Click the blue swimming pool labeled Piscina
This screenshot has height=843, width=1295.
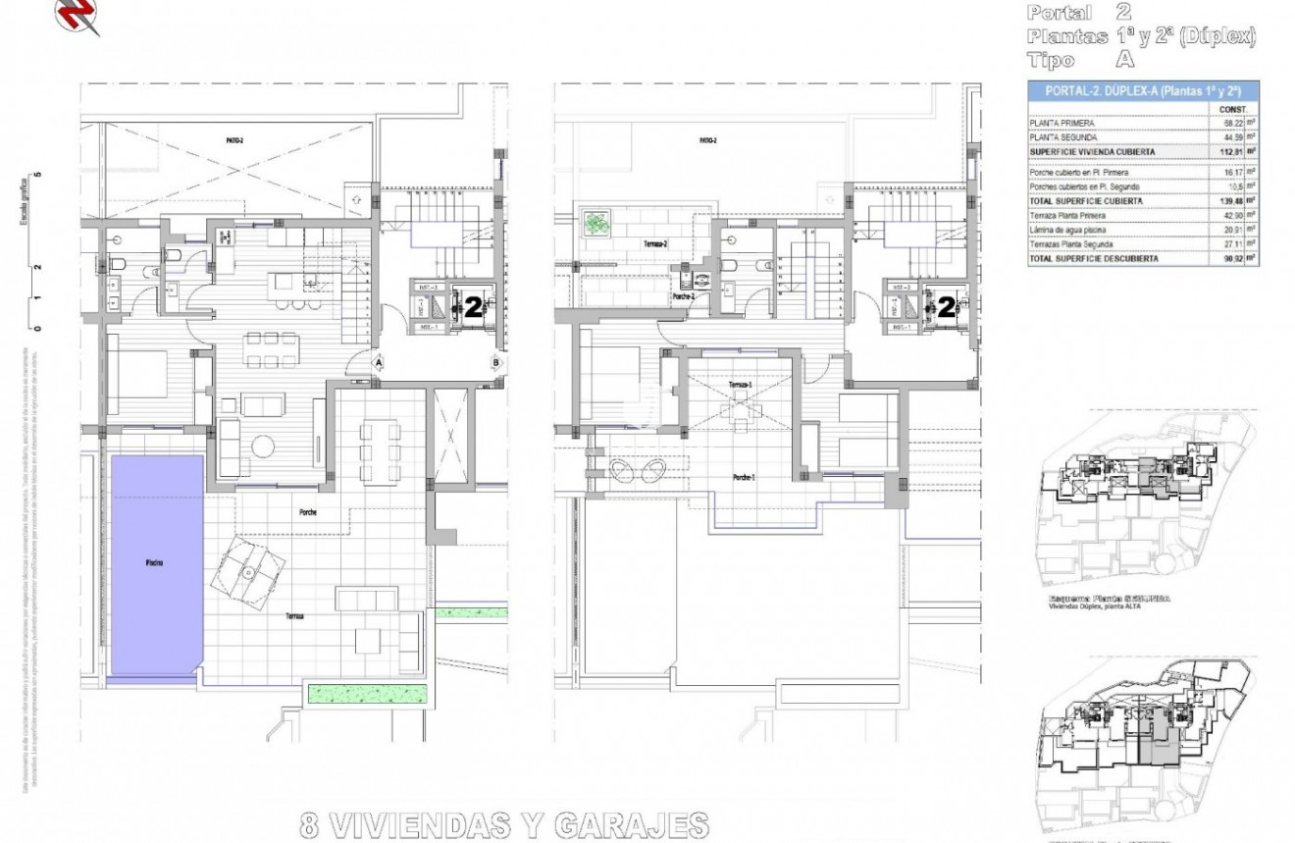156,563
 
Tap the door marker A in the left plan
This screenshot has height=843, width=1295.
378,362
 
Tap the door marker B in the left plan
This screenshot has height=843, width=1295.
496,362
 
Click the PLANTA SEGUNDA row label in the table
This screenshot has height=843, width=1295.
1062,137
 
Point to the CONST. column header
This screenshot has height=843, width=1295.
1232,109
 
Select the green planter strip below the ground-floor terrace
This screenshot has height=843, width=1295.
369,694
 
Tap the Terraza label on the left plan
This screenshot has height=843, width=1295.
294,616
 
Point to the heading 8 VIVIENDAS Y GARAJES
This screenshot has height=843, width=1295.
504,822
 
